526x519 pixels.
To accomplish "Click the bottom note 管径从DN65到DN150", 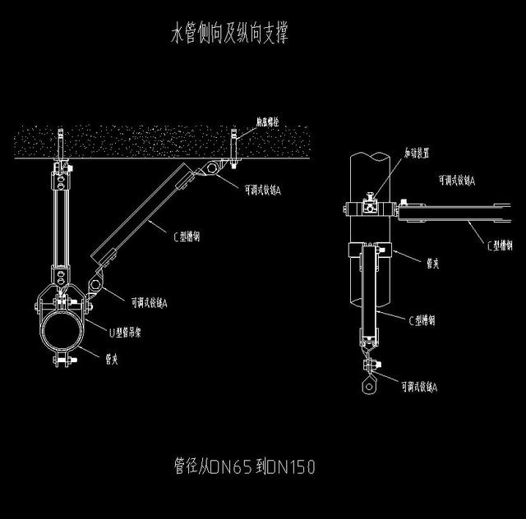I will point(245,467).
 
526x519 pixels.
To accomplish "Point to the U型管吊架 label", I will point(131,331).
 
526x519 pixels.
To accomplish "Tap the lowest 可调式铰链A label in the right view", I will point(418,386).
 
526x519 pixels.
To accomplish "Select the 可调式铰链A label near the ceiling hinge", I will point(264,190).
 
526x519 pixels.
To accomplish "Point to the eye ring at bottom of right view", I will point(367,382).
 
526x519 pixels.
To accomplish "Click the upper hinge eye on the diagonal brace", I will point(212,169).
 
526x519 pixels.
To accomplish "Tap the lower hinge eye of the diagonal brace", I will point(95,285).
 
